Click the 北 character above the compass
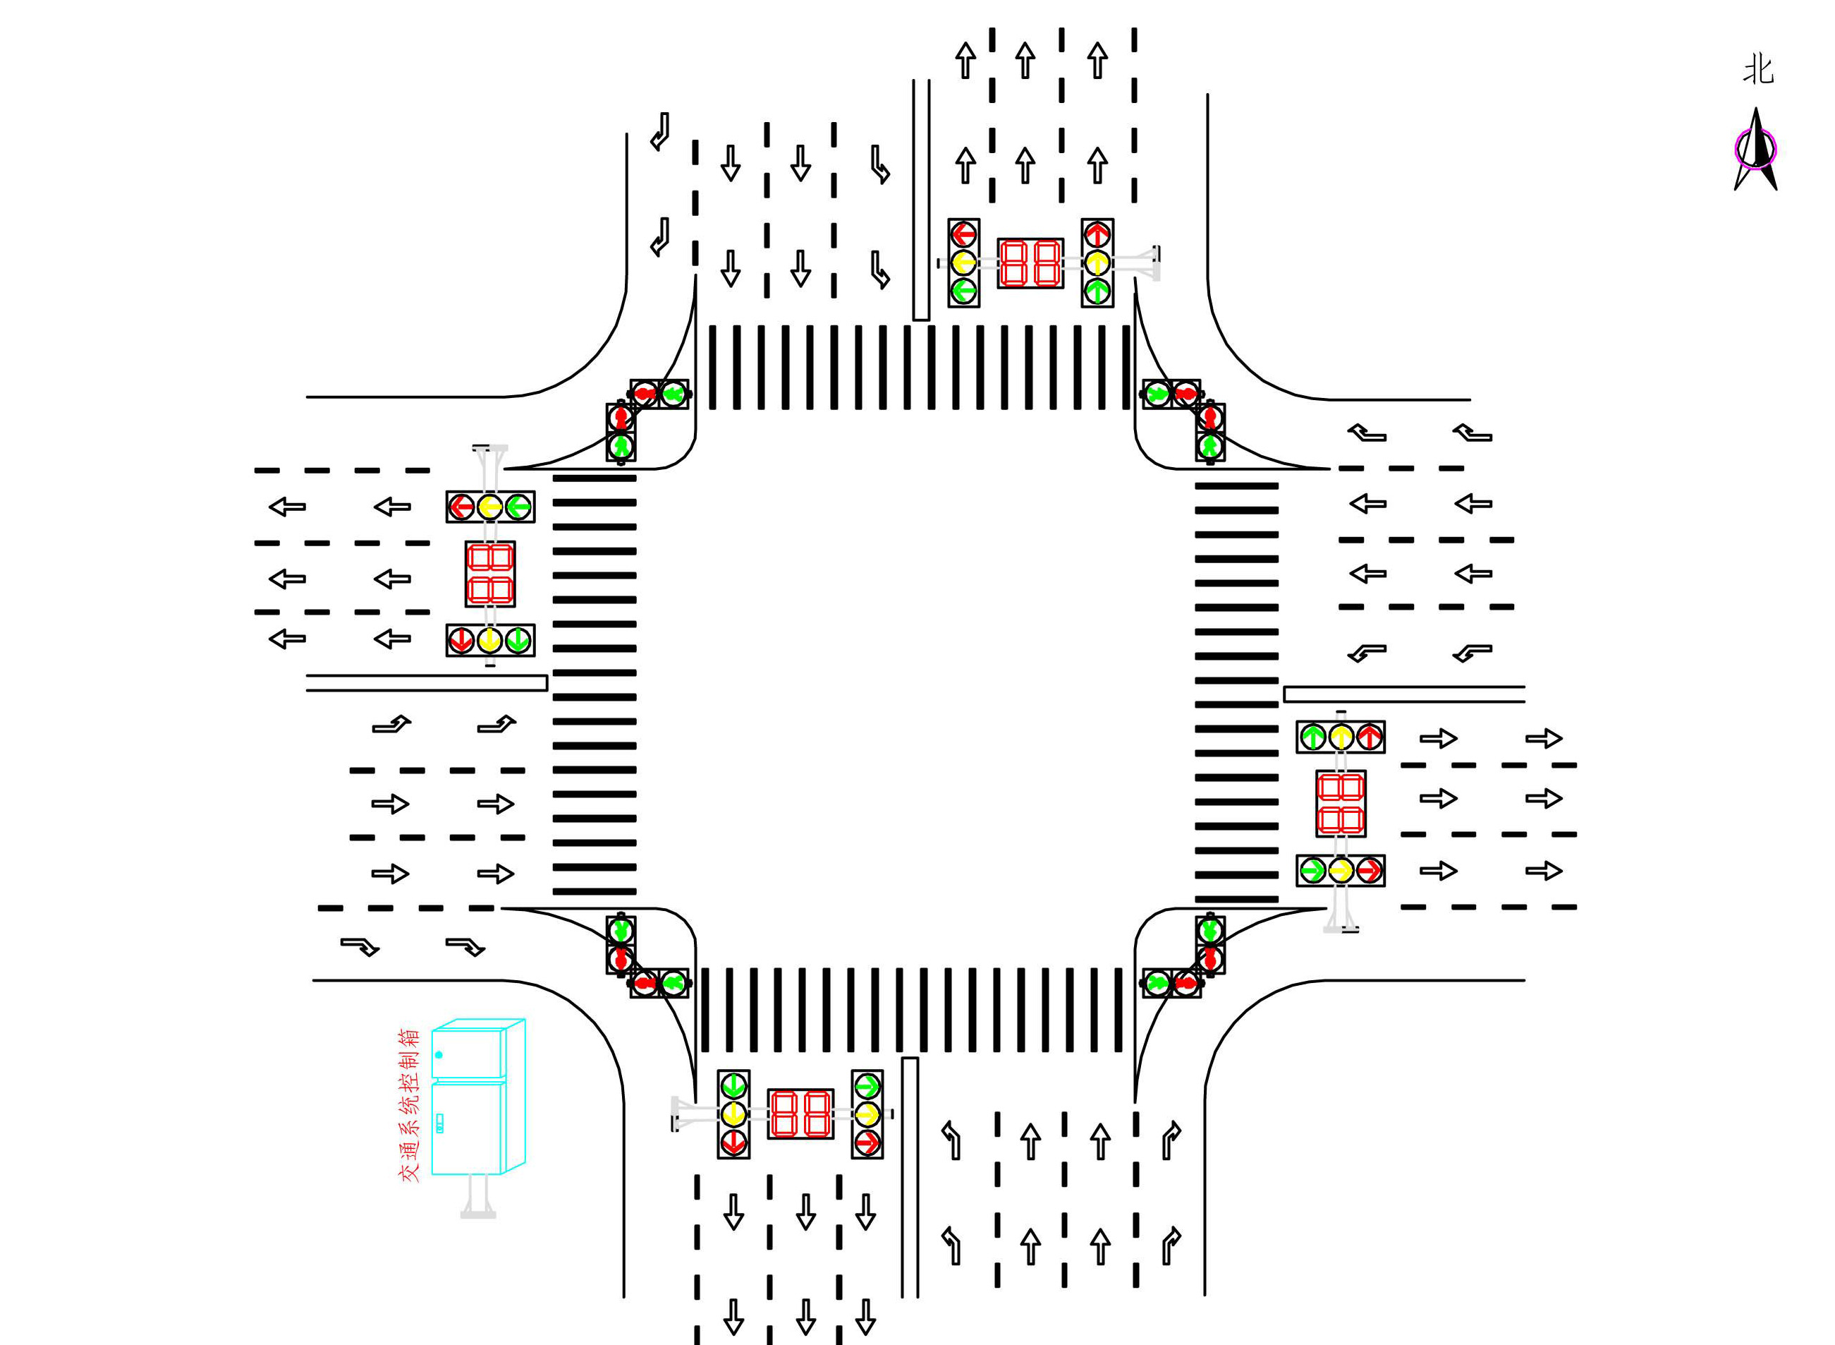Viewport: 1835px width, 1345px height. tap(1757, 70)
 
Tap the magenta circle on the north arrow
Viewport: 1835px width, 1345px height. tap(1755, 149)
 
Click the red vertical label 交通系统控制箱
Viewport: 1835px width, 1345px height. tap(408, 1105)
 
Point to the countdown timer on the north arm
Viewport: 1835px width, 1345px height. tap(1030, 263)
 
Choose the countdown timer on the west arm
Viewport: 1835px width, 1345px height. tap(490, 574)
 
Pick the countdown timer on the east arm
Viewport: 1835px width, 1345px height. tap(1340, 804)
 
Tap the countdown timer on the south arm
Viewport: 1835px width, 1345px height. tap(800, 1114)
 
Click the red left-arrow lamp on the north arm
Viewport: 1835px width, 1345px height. tap(963, 234)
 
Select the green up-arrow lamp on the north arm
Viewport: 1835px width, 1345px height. tap(1097, 291)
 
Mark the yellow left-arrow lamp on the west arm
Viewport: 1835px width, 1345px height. tap(490, 507)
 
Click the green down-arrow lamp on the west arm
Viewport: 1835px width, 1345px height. tap(518, 641)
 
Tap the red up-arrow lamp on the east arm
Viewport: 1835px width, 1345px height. tap(1370, 737)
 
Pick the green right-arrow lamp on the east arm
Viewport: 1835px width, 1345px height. tap(1312, 870)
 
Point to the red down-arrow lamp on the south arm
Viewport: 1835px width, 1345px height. tap(734, 1142)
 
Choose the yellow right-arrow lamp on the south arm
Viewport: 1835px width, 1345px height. tap(867, 1114)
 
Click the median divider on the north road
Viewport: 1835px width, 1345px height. tap(920, 200)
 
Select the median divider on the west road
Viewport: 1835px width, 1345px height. tap(427, 683)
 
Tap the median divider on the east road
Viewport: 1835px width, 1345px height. tap(1403, 694)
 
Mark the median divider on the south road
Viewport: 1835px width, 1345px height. tap(910, 1176)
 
